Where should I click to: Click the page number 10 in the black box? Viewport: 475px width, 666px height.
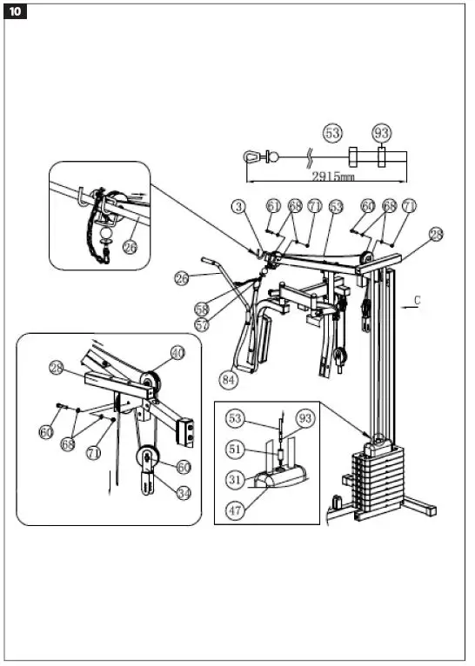[x=17, y=12]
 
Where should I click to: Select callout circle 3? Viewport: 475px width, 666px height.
[x=237, y=207]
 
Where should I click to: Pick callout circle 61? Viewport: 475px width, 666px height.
[x=274, y=206]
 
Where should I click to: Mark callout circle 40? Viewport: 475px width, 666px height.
[x=177, y=353]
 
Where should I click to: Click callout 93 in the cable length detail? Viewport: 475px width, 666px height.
[x=380, y=133]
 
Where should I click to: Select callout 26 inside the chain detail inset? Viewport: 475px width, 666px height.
[x=130, y=246]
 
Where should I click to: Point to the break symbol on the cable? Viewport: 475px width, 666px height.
[x=309, y=158]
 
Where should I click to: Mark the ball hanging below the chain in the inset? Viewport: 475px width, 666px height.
[x=107, y=233]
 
